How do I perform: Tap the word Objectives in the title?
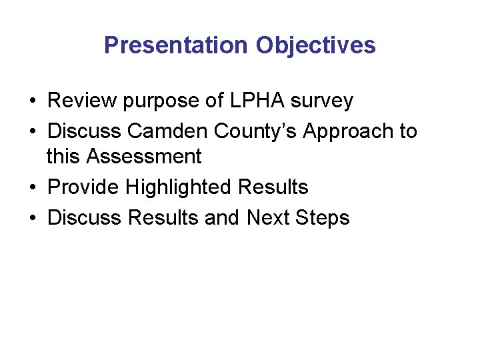coord(315,45)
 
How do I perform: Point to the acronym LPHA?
coord(257,101)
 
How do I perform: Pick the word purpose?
coord(169,101)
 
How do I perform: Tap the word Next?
coord(269,217)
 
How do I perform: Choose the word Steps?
coord(324,217)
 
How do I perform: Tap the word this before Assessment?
coord(65,157)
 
